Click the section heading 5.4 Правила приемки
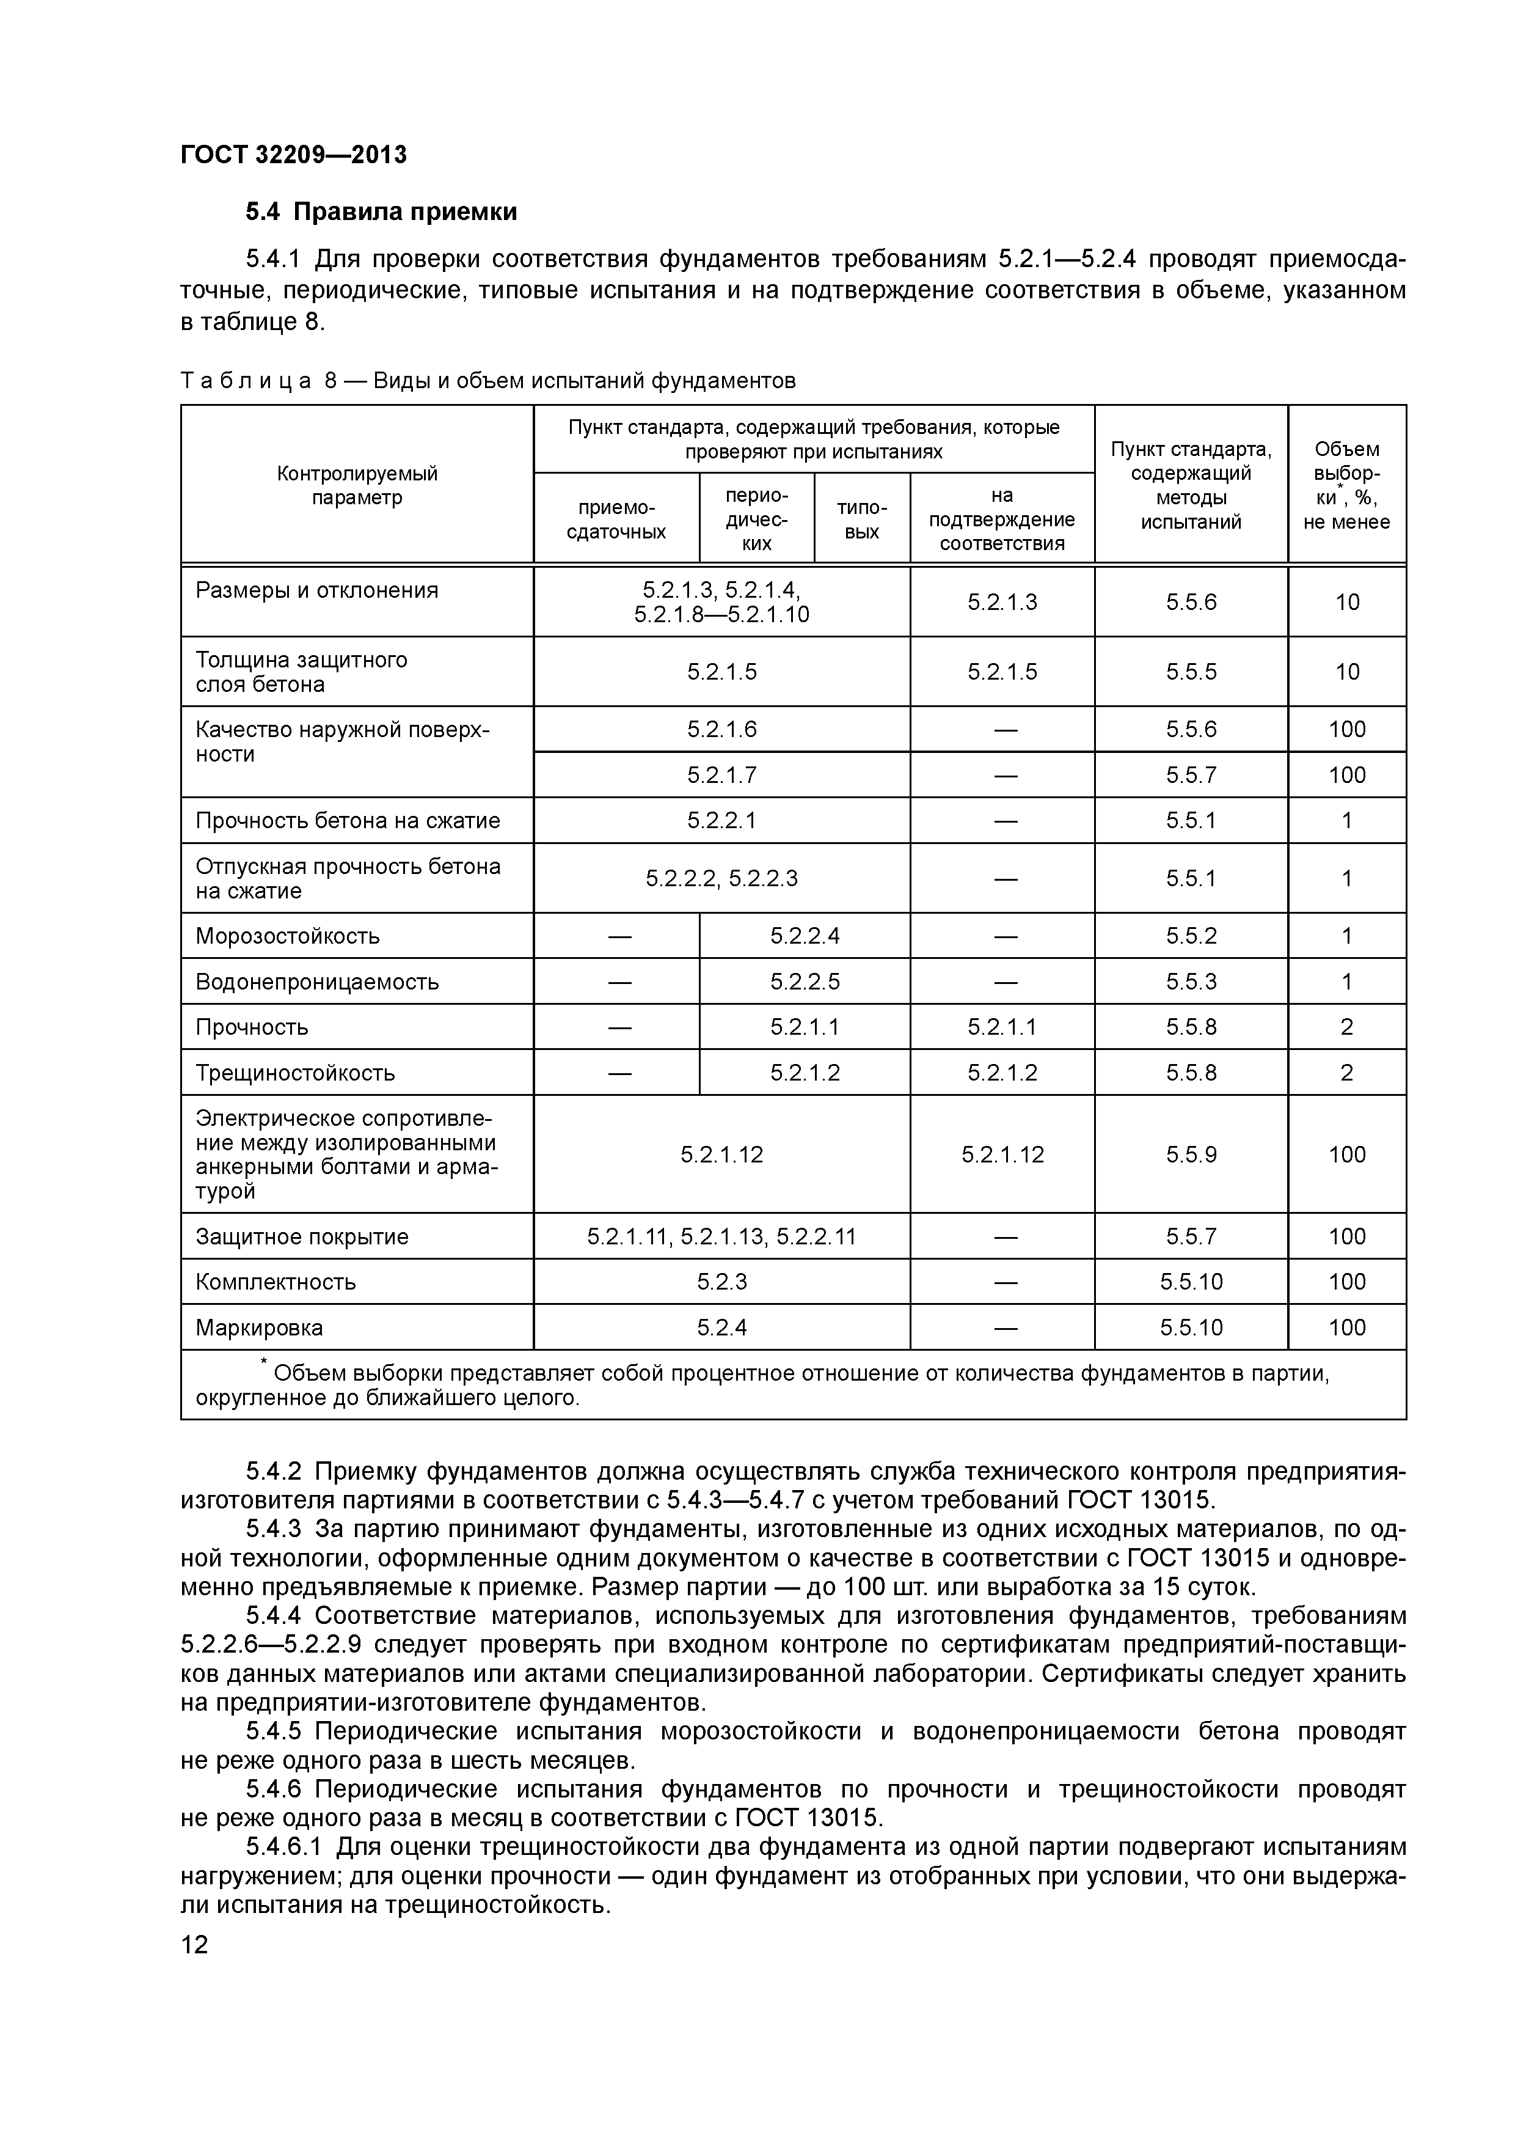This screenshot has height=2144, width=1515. point(381,213)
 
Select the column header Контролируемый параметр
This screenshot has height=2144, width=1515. point(357,485)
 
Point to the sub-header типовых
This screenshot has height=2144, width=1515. point(861,519)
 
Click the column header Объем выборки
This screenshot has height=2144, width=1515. point(1345,485)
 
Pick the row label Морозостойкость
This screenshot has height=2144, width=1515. point(288,936)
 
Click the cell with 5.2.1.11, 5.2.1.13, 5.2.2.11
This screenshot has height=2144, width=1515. point(721,1237)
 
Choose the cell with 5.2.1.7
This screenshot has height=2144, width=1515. point(721,775)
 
